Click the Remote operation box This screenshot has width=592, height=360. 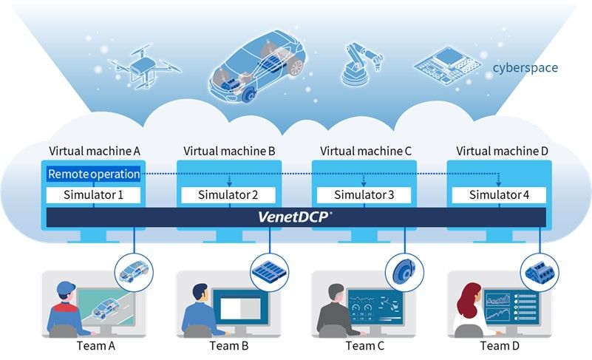pyautogui.click(x=93, y=174)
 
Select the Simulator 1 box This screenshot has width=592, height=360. pyautogui.click(x=93, y=195)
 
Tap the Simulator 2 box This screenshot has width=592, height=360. pyautogui.click(x=229, y=195)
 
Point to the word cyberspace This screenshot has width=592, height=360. pyautogui.click(x=526, y=68)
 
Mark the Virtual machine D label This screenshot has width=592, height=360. pyautogui.click(x=502, y=151)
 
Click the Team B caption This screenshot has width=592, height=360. pyautogui.click(x=229, y=346)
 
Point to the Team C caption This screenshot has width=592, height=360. pyautogui.click(x=365, y=346)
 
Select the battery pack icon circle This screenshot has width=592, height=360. pyautogui.click(x=269, y=271)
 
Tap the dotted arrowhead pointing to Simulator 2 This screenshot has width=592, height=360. pyautogui.click(x=229, y=185)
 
